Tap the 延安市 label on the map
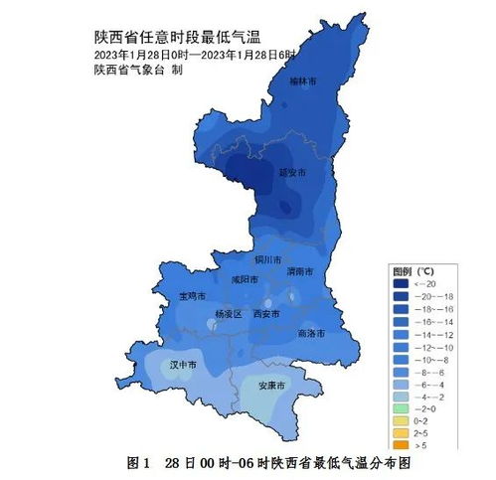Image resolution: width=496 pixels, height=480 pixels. tap(291, 172)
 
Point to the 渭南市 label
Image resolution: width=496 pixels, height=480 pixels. tap(299, 270)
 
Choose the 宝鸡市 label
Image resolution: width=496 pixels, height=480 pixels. tap(192, 296)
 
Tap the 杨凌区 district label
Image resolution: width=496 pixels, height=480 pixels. tap(229, 314)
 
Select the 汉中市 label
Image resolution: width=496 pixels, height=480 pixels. tap(184, 366)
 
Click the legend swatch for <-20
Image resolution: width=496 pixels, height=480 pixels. tap(400, 283)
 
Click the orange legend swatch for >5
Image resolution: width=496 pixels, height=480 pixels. tap(400, 446)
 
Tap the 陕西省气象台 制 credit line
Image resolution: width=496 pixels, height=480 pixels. tap(138, 70)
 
